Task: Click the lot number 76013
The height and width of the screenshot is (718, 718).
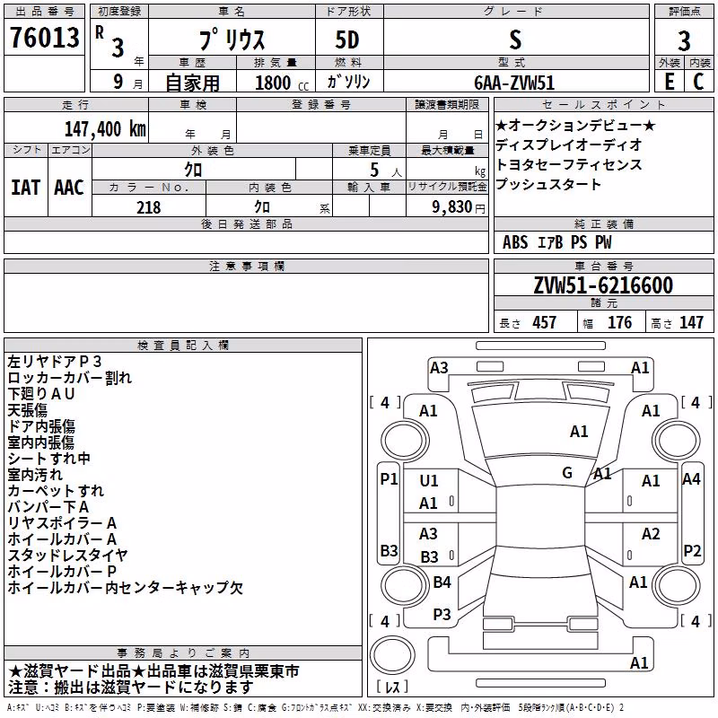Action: (44, 38)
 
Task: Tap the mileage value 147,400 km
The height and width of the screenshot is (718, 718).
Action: (105, 129)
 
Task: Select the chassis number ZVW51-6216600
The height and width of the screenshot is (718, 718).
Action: (603, 285)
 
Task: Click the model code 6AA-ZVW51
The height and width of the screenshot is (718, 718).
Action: (514, 83)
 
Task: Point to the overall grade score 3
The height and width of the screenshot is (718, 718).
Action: (684, 40)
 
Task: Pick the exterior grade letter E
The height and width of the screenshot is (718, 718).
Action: (669, 82)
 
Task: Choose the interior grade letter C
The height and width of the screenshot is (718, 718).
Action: (698, 82)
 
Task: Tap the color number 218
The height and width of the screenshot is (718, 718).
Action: (149, 207)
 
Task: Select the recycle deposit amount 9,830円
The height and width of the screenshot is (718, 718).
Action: (459, 207)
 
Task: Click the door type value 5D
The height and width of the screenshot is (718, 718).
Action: (347, 40)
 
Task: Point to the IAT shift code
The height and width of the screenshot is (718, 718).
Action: (25, 188)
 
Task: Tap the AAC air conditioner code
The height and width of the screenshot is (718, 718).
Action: (69, 188)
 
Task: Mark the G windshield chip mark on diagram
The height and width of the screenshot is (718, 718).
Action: (567, 472)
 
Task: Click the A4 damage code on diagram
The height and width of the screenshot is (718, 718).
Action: (691, 479)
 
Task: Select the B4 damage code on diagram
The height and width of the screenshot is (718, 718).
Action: (442, 582)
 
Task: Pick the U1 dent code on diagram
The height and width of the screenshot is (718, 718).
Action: (429, 480)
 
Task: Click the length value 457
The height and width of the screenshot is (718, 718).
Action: (545, 322)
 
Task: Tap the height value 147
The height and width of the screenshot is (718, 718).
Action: (691, 322)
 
